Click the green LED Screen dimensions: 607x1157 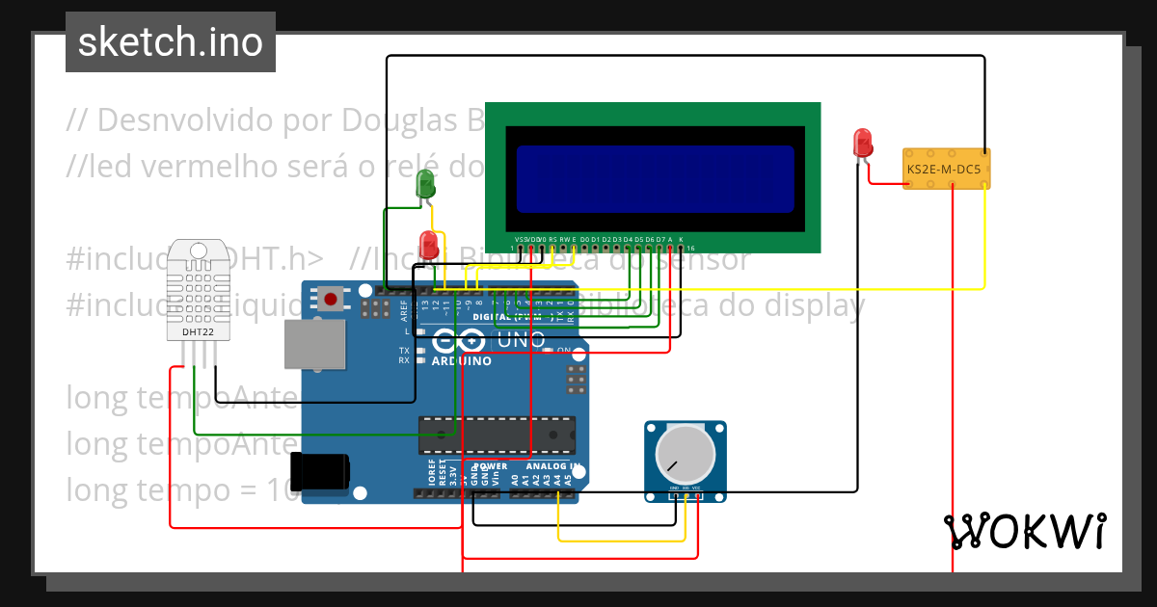coord(425,183)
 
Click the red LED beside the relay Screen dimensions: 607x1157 coord(863,144)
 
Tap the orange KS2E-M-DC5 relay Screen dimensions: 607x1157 coord(946,169)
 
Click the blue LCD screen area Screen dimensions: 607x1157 coord(655,178)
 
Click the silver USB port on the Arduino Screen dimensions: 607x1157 coord(314,344)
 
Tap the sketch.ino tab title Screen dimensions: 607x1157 coord(171,42)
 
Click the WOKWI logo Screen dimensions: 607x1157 coord(1024,531)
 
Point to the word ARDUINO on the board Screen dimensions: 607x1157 coord(461,361)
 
